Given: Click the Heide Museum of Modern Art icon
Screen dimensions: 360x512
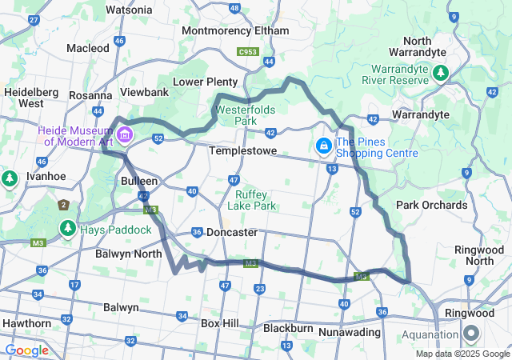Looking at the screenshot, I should [x=124, y=134].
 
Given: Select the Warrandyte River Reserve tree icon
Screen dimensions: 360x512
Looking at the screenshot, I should [x=440, y=74].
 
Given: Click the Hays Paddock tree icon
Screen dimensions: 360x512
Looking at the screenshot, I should [x=67, y=230].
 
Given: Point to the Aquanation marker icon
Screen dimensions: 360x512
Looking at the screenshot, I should [x=470, y=334].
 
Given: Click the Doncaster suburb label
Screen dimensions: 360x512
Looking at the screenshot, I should [x=231, y=233].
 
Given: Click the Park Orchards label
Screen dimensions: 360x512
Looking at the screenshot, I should [x=431, y=205].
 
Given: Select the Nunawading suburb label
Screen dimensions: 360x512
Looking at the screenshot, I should [x=353, y=330].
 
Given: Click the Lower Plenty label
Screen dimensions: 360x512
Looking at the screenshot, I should [x=206, y=82].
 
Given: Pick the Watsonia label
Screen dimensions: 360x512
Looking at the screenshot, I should [x=129, y=10].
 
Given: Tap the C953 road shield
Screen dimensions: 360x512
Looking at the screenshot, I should [x=247, y=53].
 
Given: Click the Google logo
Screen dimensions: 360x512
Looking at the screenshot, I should [x=26, y=350].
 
